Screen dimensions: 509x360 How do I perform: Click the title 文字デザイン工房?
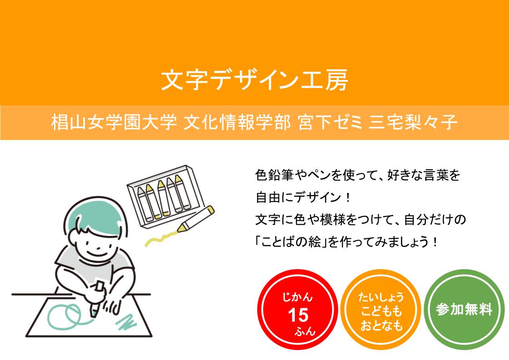tap(254, 80)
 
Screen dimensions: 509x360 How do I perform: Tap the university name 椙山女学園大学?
tap(114, 123)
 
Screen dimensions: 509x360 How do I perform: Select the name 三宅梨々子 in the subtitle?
tap(413, 123)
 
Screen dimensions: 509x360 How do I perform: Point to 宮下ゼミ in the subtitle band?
tap(330, 123)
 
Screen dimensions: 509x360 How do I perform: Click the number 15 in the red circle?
tap(298, 315)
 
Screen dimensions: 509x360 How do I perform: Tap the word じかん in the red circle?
tap(297, 297)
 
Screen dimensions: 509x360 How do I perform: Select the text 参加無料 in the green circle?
tap(464, 309)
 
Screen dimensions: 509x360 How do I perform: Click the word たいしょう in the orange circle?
tap(381, 297)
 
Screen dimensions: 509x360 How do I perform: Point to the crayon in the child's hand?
tap(97, 299)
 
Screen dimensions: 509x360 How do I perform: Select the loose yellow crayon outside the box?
tap(196, 218)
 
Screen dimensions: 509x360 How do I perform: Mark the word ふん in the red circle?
tap(305, 331)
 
